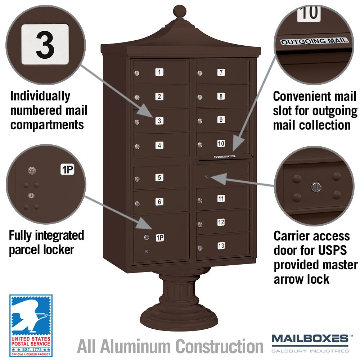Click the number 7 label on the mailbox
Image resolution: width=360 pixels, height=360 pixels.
click(x=221, y=73)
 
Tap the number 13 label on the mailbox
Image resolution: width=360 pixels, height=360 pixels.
click(x=221, y=246)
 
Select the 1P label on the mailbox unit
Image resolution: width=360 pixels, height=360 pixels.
click(x=160, y=238)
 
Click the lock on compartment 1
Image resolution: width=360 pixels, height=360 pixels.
click(x=137, y=73)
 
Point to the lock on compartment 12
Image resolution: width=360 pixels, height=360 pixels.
click(x=200, y=224)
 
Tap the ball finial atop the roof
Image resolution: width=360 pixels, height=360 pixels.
click(x=180, y=11)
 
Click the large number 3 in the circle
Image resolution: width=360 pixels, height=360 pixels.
click(x=45, y=45)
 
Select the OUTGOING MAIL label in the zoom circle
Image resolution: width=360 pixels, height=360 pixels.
click(x=315, y=41)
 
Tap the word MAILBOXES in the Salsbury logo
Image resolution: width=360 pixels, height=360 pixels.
click(x=310, y=339)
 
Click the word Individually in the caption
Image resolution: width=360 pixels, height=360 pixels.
click(x=40, y=96)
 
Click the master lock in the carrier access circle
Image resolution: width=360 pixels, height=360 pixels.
click(x=316, y=186)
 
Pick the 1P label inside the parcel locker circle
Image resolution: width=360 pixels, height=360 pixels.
click(x=67, y=170)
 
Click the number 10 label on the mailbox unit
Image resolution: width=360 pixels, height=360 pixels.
click(x=221, y=144)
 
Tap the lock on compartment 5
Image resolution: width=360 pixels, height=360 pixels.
click(x=137, y=179)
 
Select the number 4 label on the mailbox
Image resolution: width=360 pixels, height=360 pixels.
click(x=159, y=145)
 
